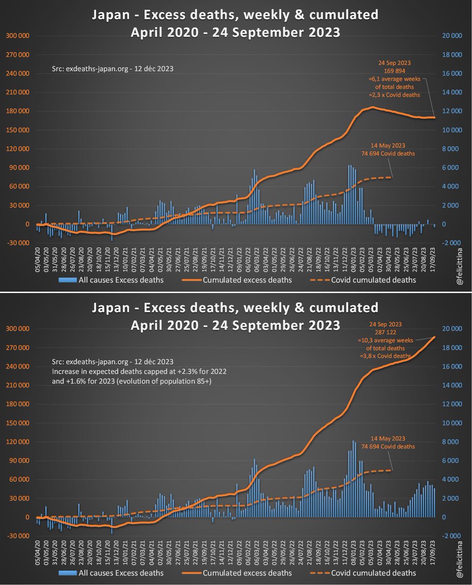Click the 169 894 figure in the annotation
(401, 70)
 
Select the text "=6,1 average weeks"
(401, 78)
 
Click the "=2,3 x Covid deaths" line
(401, 96)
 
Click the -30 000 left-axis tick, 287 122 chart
(18, 536)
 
